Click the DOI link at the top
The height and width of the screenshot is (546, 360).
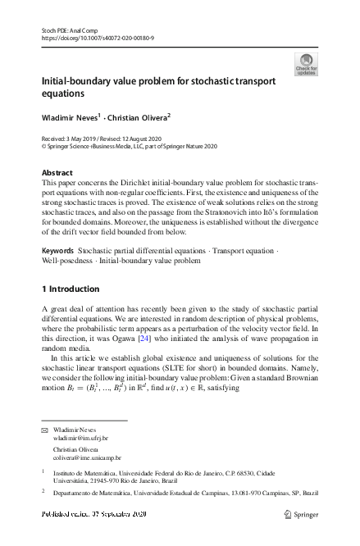point(98,38)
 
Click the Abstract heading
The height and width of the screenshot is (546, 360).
point(57,173)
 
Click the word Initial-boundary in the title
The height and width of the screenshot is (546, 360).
point(74,82)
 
